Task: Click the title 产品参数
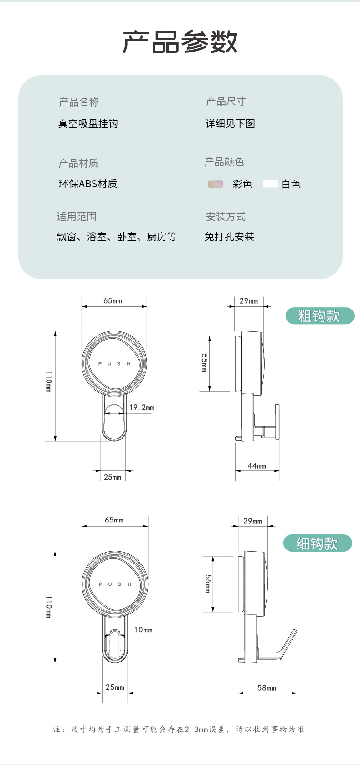pos(180,42)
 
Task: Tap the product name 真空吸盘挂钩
pos(88,124)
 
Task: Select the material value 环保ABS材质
pos(88,184)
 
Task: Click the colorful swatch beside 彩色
pos(216,184)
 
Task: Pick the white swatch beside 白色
pos(271,184)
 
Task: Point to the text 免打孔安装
pos(229,237)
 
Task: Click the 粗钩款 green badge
pos(319,316)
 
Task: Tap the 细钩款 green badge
pos(318,543)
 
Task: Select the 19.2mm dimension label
pos(142,408)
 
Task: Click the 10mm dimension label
pos(144,630)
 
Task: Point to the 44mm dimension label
pos(257,466)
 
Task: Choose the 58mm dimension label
pos(267,688)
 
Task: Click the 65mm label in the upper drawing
pos(113,301)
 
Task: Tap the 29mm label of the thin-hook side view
pos(252,521)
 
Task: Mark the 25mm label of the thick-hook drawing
pos(113,477)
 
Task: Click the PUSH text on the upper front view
pos(114,364)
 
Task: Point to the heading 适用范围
pos(77,217)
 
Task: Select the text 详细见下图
pos(230,124)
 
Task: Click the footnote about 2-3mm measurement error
pos(179,729)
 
